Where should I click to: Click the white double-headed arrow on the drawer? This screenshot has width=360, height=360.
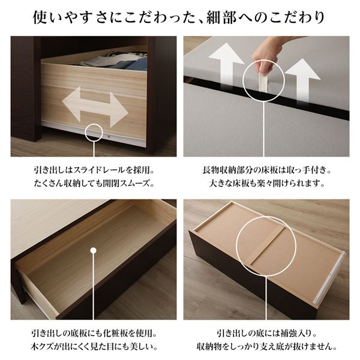coord(95,107)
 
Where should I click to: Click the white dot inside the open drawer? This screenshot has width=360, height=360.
coord(93,250)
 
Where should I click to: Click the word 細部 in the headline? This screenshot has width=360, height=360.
coord(221,17)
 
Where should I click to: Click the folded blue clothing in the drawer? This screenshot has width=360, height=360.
coord(137,64)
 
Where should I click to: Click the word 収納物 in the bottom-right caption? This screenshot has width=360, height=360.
coord(209,346)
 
